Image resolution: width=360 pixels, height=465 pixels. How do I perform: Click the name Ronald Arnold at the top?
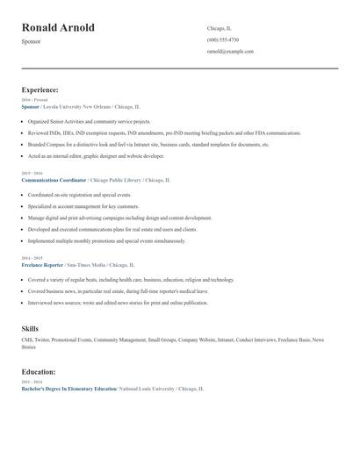(x=58, y=28)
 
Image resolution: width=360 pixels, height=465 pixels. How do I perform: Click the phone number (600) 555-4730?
(x=222, y=39)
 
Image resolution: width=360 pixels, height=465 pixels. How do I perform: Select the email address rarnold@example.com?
(x=230, y=51)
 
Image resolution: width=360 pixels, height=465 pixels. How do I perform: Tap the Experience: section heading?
(x=40, y=89)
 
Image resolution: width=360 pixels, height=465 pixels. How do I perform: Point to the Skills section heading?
(x=30, y=328)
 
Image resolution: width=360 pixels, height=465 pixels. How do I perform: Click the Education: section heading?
(x=39, y=372)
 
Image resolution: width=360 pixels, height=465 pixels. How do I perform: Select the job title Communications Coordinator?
(x=54, y=179)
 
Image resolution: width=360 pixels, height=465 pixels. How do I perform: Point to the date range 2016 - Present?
(x=34, y=100)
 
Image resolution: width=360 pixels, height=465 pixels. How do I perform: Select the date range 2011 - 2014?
(x=32, y=382)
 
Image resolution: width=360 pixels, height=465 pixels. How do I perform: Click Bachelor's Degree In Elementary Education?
(x=68, y=388)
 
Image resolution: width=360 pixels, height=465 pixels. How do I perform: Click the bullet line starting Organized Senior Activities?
(x=89, y=121)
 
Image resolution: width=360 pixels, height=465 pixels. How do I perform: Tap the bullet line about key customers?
(x=83, y=206)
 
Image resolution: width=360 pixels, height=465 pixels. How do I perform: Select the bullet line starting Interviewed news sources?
(x=118, y=303)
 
